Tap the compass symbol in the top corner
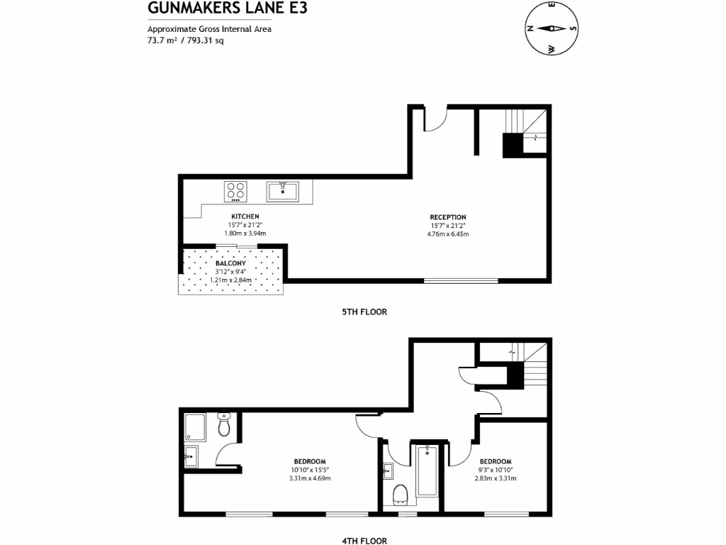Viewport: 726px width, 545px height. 551,29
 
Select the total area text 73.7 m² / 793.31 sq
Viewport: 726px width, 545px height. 185,40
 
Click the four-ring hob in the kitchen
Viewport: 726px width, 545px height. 235,191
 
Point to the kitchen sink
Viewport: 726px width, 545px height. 284,191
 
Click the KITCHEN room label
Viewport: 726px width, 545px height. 245,216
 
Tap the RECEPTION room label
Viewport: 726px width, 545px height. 448,217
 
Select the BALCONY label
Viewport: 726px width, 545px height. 231,263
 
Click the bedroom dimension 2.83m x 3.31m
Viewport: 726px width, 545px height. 496,478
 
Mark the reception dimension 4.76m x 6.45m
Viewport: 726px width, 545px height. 448,234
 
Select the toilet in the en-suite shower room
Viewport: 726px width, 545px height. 224,425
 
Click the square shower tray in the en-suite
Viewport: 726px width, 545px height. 196,427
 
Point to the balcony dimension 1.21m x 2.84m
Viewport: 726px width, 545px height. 231,280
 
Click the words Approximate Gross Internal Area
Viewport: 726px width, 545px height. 209,29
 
